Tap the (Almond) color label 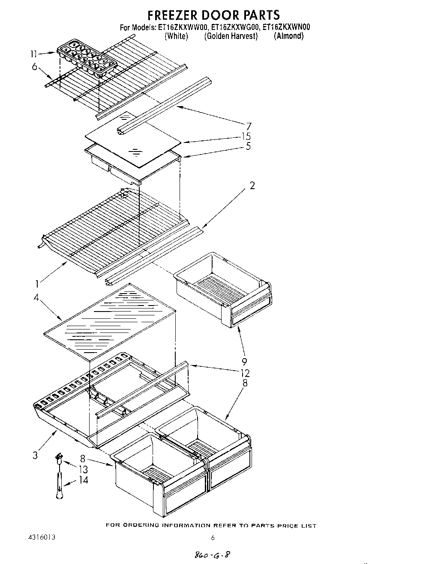pos(289,36)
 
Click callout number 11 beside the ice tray pos(34,53)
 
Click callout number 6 pos(35,66)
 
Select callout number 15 pos(246,137)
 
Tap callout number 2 pos(252,185)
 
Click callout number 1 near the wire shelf pos(38,283)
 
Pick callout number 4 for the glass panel pos(37,297)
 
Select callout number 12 pos(245,373)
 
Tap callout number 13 pos(84,469)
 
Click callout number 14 pos(84,480)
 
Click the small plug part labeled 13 pos(59,459)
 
